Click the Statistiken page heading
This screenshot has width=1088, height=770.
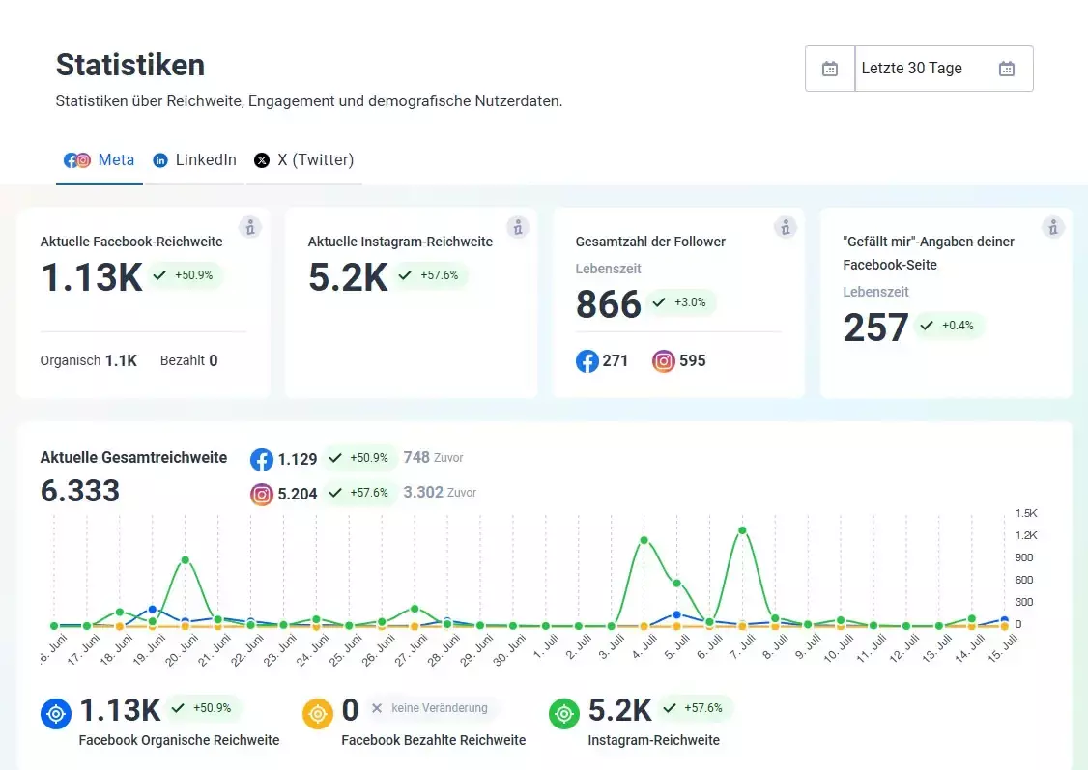130,65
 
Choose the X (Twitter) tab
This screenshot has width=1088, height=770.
304,160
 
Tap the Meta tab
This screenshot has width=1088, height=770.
100,160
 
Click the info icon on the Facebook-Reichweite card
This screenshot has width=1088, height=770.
250,227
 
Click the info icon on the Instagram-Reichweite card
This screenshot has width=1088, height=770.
518,227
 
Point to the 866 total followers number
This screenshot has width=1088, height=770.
609,303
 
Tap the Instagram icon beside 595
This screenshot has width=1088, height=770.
664,361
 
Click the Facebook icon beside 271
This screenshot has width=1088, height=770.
587,361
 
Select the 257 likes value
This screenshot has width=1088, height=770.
875,327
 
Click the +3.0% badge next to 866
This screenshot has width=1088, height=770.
681,302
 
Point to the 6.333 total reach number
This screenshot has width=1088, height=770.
80,491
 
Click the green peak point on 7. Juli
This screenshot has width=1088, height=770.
742,530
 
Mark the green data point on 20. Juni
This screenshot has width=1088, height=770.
185,560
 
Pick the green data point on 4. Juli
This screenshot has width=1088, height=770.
644,540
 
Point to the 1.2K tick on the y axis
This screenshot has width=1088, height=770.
1026,535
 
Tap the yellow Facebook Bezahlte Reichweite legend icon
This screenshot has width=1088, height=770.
317,714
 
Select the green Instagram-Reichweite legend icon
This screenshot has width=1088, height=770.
563,714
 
